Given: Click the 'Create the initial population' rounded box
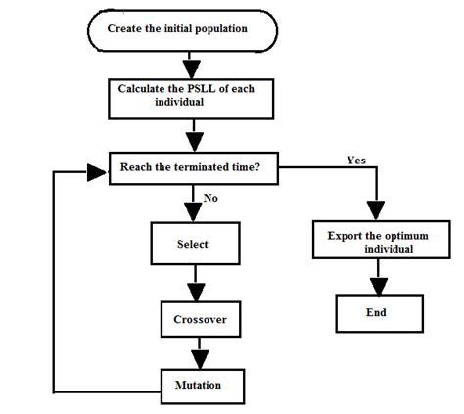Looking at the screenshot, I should point(187,28).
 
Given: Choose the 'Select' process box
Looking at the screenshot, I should point(193,243).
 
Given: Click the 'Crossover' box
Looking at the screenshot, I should point(200,319).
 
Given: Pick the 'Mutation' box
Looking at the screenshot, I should point(200,385).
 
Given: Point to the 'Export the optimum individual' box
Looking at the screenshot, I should point(375,242).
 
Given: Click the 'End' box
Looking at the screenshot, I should point(376,313).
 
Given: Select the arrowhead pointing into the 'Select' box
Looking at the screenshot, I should point(192,213).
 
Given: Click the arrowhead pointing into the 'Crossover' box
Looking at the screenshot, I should point(200,293).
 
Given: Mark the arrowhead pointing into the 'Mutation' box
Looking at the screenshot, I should point(200,358).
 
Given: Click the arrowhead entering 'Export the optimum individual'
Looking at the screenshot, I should point(376,213).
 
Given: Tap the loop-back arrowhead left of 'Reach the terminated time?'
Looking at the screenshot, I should point(97,173).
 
